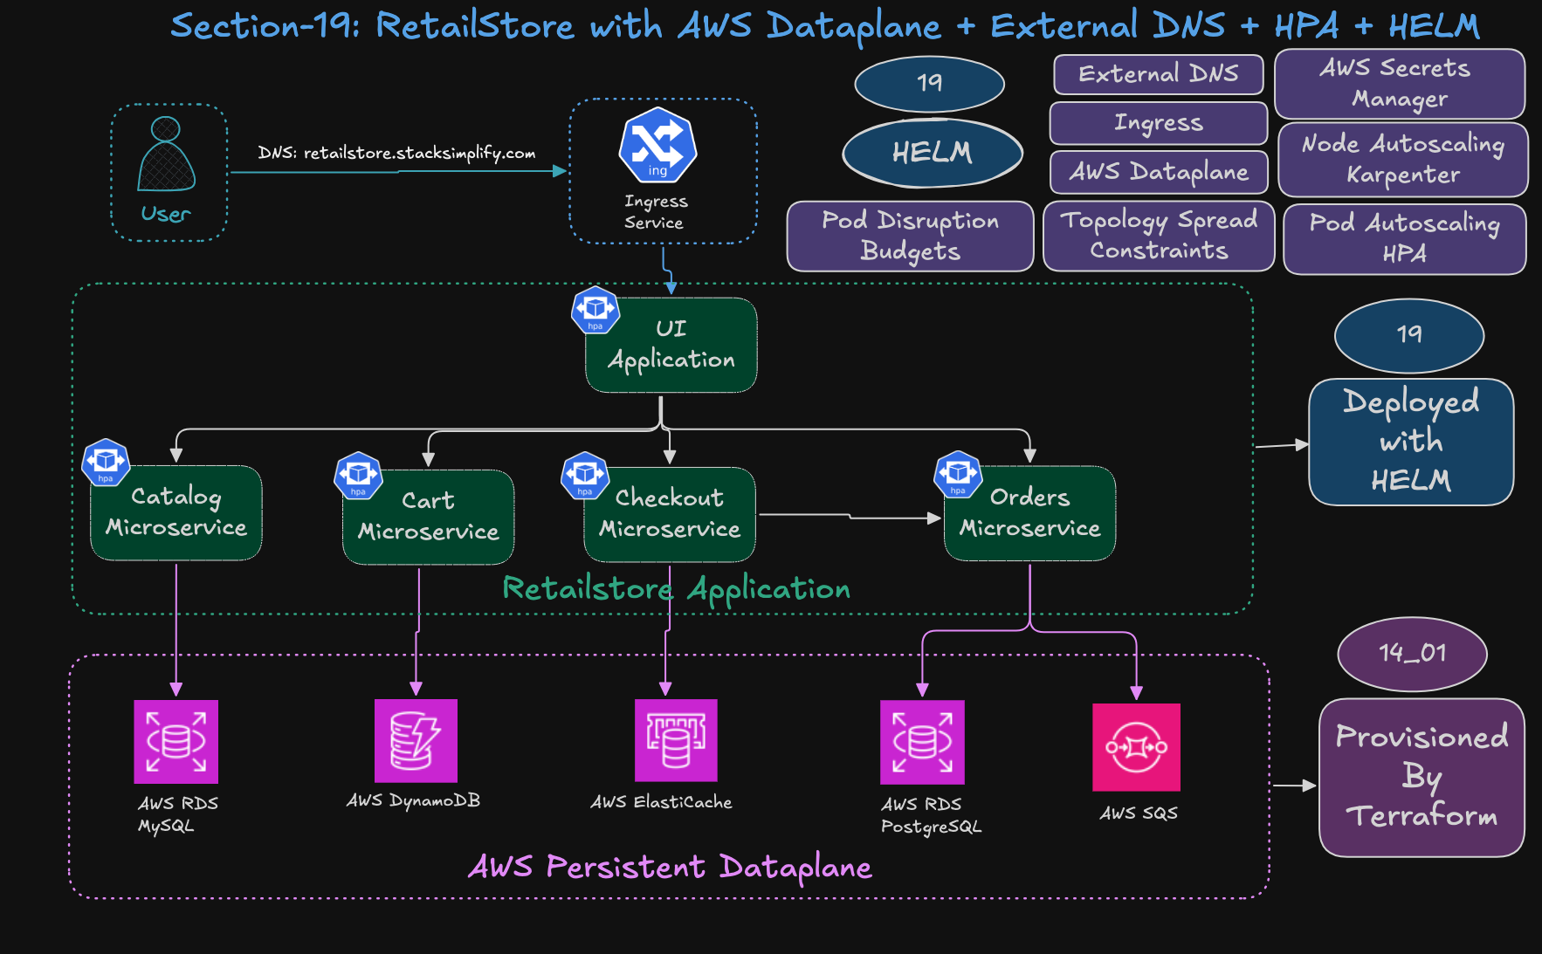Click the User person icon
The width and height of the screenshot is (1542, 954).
[166, 154]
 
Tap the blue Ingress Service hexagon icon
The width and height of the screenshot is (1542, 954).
[657, 145]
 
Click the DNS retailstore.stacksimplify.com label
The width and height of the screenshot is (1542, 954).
[396, 153]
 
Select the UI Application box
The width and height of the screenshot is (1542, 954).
[671, 346]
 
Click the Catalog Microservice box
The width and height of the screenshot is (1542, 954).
[176, 512]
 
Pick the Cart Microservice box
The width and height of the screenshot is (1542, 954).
[428, 517]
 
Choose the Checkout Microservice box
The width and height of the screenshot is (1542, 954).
[670, 514]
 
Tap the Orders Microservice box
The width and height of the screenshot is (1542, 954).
[1029, 513]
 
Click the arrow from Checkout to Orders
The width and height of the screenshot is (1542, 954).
[849, 517]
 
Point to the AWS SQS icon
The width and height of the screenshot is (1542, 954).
[1136, 747]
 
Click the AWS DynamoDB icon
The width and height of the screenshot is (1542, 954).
[416, 740]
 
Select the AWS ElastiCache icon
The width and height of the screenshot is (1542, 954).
[676, 740]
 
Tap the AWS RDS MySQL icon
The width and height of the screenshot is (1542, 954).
[176, 742]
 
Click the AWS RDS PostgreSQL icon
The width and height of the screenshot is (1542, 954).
[922, 742]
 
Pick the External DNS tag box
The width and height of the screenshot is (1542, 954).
[1158, 74]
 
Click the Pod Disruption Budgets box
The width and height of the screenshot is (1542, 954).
[910, 236]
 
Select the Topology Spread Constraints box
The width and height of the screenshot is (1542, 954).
[1159, 235]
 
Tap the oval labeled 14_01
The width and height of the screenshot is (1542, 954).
[1412, 653]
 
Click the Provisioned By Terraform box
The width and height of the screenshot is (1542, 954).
[1421, 777]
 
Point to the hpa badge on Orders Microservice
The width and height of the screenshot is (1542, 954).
[958, 474]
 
